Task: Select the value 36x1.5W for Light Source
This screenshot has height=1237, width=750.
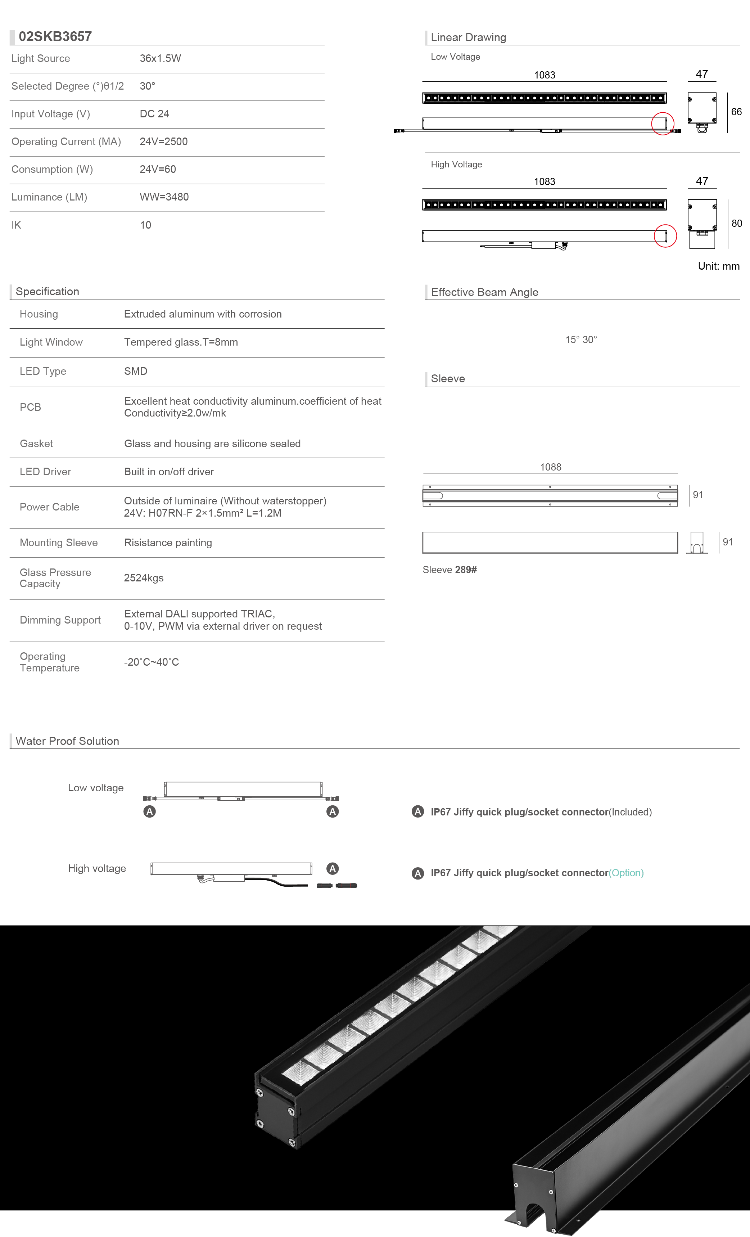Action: (x=160, y=58)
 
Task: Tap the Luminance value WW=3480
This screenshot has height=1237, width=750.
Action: (x=164, y=197)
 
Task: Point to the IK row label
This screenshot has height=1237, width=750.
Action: (x=17, y=225)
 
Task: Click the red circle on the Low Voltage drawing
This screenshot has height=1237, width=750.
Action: (x=663, y=123)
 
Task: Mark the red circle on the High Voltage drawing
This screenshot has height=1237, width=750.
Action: (x=665, y=236)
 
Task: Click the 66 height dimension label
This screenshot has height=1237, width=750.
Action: (x=736, y=112)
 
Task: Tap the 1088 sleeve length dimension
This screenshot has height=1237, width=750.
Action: (x=550, y=467)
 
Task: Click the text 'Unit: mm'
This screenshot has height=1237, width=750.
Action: (x=718, y=266)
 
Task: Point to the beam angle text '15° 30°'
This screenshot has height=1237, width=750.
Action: (x=581, y=340)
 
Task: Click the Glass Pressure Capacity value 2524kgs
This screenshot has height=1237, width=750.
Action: (x=144, y=578)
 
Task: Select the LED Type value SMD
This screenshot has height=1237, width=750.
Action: (x=136, y=371)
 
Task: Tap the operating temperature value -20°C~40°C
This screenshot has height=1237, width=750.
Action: (x=151, y=662)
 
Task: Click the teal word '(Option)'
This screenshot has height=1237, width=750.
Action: (x=626, y=873)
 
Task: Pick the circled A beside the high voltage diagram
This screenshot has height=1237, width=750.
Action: (x=332, y=868)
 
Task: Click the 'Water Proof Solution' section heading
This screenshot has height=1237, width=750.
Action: (x=67, y=741)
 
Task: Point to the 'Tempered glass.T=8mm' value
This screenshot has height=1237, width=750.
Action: (x=181, y=342)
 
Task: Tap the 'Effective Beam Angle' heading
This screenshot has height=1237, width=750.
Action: (x=484, y=292)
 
